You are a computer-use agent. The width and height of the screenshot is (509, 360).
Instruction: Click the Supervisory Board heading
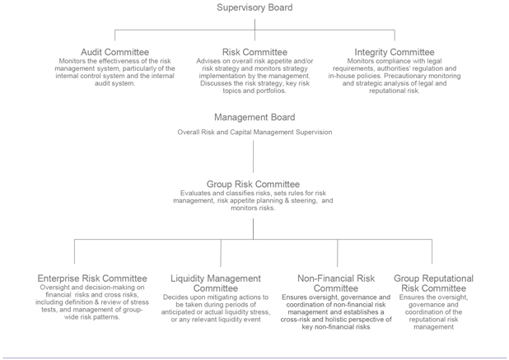(x=254, y=7)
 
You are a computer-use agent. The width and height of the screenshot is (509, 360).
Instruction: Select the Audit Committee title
(x=115, y=52)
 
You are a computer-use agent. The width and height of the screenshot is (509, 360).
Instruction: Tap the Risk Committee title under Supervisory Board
(x=254, y=52)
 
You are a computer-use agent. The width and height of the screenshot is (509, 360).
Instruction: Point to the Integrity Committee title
(x=395, y=52)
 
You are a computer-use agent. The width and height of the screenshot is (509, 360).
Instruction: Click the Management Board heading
(x=254, y=117)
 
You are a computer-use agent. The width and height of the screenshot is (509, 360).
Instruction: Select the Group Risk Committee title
(x=253, y=184)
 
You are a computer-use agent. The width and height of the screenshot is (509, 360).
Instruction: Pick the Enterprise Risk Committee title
(x=92, y=278)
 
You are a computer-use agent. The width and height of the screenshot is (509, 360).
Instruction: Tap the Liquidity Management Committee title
(x=216, y=283)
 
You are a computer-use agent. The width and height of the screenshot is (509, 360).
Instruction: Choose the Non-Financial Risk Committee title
(x=336, y=283)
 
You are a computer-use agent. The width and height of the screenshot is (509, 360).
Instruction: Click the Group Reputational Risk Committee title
(x=434, y=283)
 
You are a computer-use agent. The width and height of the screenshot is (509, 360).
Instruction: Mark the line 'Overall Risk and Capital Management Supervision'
(x=254, y=132)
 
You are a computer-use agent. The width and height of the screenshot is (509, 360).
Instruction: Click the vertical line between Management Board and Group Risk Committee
(x=253, y=157)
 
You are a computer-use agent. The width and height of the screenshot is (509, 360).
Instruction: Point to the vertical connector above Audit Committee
(x=115, y=35)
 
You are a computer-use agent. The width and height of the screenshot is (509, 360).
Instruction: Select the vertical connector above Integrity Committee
(x=395, y=35)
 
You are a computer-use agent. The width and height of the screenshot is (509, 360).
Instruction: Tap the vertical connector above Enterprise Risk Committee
(x=75, y=251)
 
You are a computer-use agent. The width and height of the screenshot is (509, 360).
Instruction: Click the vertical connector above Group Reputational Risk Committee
(x=432, y=251)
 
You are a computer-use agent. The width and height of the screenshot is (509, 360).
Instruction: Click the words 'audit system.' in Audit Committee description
(x=115, y=83)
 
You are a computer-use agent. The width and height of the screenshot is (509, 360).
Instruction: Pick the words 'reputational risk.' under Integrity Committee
(x=395, y=91)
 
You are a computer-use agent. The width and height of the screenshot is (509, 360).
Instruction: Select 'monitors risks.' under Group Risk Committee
(x=253, y=208)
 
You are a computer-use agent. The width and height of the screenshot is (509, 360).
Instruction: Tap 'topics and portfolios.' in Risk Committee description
(x=254, y=91)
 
